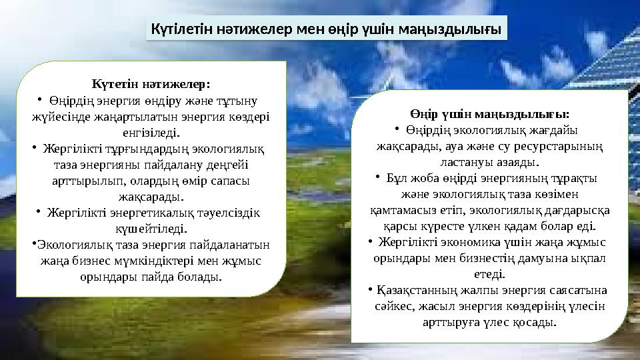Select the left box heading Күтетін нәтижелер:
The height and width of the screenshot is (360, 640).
pos(151,84)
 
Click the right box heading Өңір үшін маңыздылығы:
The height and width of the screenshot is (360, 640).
pos(490,114)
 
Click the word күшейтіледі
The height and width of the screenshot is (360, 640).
pos(151,229)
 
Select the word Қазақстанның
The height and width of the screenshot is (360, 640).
pos(415,291)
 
